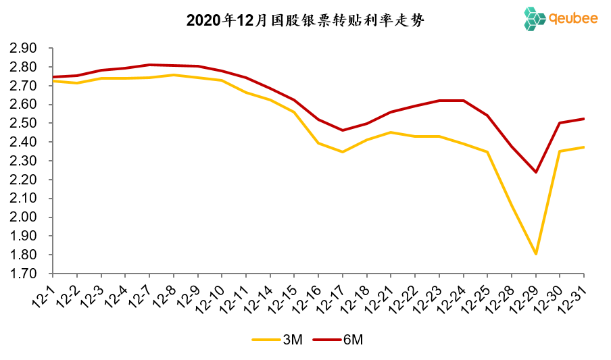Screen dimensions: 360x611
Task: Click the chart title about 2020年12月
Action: pyautogui.click(x=305, y=21)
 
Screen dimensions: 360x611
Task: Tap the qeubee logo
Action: pyautogui.click(x=560, y=19)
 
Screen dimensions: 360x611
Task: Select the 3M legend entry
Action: pyautogui.click(x=279, y=340)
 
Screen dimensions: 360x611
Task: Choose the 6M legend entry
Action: pyautogui.click(x=340, y=340)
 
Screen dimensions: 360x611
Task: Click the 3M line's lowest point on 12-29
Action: pyautogui.click(x=536, y=254)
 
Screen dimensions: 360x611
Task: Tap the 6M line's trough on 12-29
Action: pyautogui.click(x=536, y=172)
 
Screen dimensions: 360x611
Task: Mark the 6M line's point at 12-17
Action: pyautogui.click(x=343, y=130)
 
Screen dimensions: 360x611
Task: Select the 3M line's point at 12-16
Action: pyautogui.click(x=318, y=143)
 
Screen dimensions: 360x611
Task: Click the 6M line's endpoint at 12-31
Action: pyautogui.click(x=583, y=119)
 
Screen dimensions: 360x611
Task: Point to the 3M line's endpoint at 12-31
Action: pyautogui.click(x=583, y=147)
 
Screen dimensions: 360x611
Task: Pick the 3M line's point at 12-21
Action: pyautogui.click(x=391, y=132)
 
